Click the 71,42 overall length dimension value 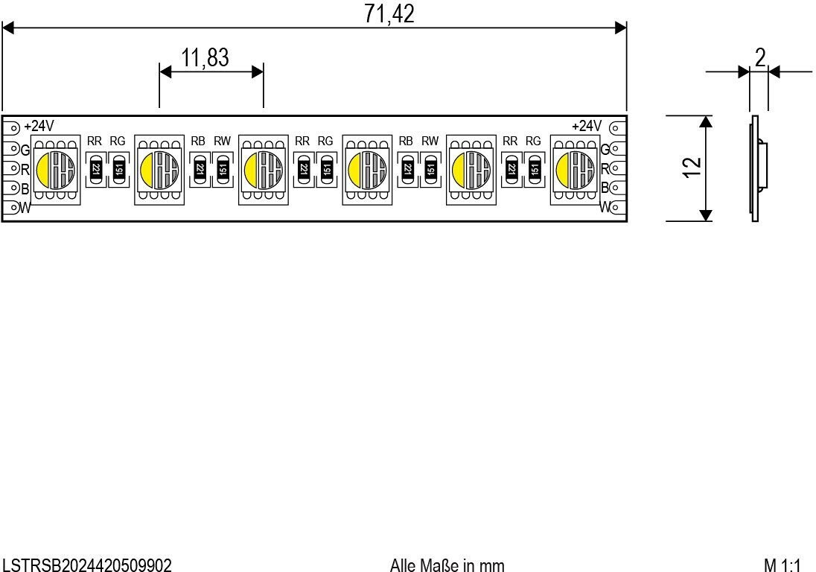click(389, 14)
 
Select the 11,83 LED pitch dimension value click(205, 58)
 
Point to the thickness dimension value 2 click(759, 58)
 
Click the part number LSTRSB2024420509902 click(88, 565)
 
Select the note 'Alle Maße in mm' click(447, 565)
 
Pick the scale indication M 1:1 click(782, 565)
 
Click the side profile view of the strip click(755, 168)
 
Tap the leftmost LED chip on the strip click(55, 169)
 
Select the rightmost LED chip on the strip click(575, 169)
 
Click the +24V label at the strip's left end click(39, 126)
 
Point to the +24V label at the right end click(586, 126)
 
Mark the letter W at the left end click(25, 208)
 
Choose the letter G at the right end click(605, 149)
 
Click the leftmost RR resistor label click(95, 141)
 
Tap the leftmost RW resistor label click(222, 141)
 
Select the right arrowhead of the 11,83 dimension click(258, 71)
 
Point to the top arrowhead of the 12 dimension click(706, 121)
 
